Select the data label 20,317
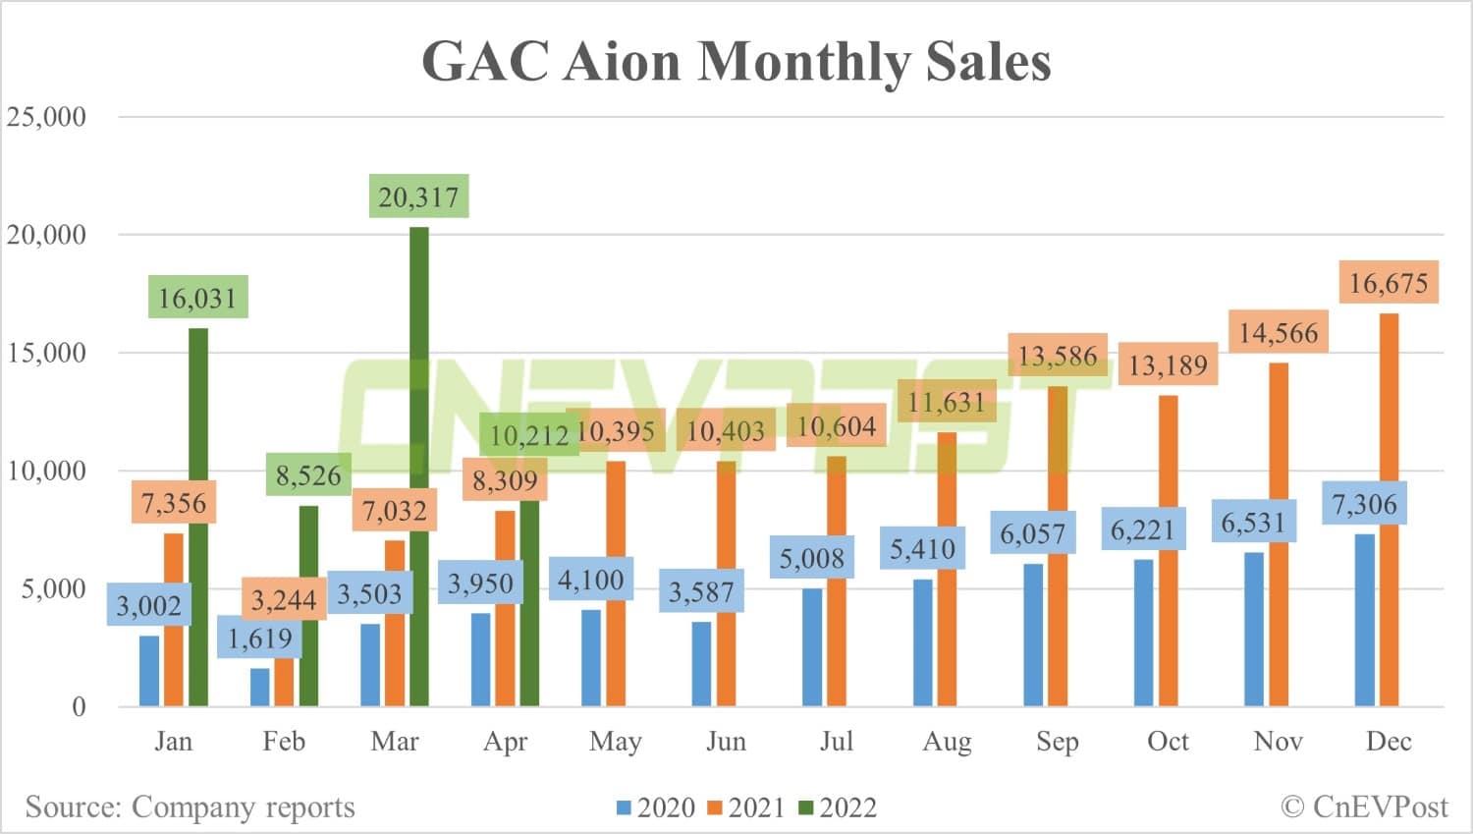[419, 196]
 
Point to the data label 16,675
[1389, 283]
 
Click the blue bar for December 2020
[1365, 620]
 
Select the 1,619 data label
[259, 639]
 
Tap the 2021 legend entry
[746, 807]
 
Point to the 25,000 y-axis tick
[46, 117]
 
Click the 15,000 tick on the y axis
[46, 353]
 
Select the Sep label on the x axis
[1057, 741]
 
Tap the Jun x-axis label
[726, 741]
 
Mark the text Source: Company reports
[190, 806]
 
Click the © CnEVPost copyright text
[1364, 806]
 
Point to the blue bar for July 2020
[812, 647]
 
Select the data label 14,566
[1279, 333]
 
